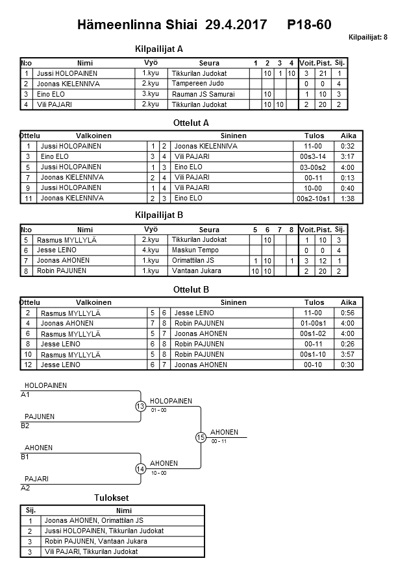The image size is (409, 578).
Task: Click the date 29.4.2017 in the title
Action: [236, 25]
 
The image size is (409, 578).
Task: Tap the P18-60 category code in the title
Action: [309, 25]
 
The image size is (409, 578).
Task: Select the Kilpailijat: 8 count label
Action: [368, 38]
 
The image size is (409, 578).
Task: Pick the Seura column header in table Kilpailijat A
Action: [208, 63]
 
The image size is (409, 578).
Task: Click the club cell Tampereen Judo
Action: [198, 84]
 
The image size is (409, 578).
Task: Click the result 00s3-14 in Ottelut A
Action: [314, 157]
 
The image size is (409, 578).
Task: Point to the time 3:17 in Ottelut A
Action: [348, 157]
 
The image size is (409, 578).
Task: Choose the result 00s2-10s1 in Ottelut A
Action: [314, 199]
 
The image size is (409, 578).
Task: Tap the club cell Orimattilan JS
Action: [197, 261]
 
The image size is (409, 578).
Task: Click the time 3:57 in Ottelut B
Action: [348, 355]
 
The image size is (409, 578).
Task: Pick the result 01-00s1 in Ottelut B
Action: [314, 324]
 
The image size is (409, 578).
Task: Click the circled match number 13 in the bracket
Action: [141, 407]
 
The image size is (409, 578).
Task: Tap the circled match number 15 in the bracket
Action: [201, 438]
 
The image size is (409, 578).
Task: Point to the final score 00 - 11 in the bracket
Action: [219, 441]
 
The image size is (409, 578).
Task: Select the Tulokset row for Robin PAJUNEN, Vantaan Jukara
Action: [95, 542]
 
